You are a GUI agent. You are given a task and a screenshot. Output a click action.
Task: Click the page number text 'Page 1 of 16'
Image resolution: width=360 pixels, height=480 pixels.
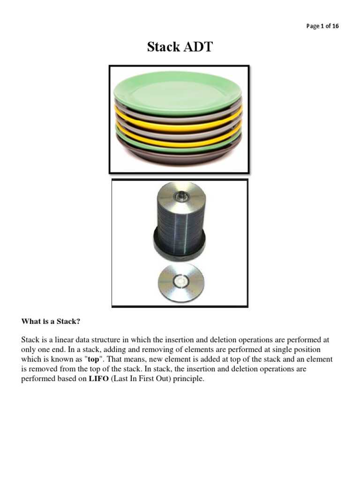pyautogui.click(x=322, y=26)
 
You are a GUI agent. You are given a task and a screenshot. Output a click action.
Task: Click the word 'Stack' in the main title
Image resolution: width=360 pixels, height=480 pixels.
pyautogui.click(x=164, y=47)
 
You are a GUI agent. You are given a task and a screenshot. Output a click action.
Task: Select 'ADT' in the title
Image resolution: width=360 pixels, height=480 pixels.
pyautogui.click(x=198, y=47)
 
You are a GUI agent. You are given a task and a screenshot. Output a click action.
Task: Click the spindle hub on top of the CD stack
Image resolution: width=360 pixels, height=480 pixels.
pyautogui.click(x=181, y=195)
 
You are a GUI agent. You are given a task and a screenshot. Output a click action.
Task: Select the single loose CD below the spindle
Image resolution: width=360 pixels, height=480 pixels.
pyautogui.click(x=181, y=282)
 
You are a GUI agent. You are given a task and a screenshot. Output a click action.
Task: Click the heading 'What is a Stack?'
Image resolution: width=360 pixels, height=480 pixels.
pyautogui.click(x=51, y=321)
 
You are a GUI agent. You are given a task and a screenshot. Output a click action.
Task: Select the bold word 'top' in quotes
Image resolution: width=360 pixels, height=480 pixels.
pyautogui.click(x=94, y=360)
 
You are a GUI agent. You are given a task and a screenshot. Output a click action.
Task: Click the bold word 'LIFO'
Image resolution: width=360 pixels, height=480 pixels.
pyautogui.click(x=98, y=379)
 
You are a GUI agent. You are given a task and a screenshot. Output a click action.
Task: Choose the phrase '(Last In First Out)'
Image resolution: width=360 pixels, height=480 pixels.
pyautogui.click(x=141, y=379)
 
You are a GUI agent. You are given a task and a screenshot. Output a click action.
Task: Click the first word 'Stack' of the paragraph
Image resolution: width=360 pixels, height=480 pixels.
pyautogui.click(x=30, y=340)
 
